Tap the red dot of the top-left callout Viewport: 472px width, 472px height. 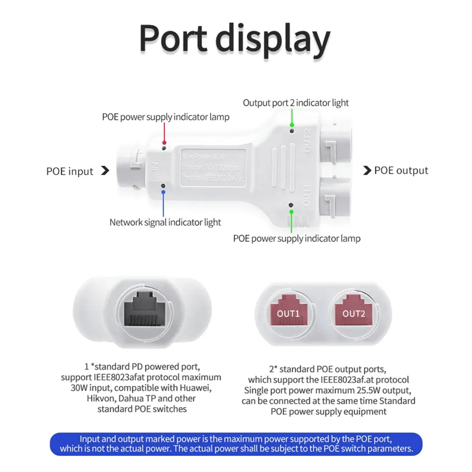(164, 142)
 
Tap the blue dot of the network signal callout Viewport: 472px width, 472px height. (164, 192)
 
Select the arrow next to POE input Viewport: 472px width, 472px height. (105, 171)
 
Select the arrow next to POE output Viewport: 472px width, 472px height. (367, 170)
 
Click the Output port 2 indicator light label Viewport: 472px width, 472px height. (295, 103)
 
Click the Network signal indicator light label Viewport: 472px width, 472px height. (165, 222)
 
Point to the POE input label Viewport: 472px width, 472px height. (70, 171)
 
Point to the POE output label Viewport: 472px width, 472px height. (401, 170)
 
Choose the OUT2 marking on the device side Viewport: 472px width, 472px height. (307, 140)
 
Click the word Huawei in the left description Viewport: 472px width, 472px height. (195, 388)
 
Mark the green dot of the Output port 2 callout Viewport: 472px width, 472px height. (292, 125)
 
